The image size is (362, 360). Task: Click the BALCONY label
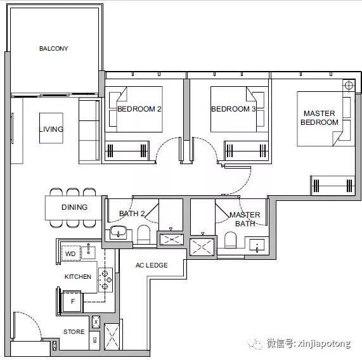53,48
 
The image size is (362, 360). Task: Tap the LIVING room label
51,129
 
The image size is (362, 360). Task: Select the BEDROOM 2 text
139,109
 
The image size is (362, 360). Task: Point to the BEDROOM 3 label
234,109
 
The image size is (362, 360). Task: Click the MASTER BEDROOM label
320,118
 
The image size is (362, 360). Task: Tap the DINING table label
74,207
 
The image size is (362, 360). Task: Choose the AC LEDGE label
152,265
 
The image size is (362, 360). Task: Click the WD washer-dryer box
71,254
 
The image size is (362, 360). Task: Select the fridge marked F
72,301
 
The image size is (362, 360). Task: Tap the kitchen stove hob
105,280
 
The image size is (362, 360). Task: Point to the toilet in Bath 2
144,234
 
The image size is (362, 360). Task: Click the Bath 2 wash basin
118,232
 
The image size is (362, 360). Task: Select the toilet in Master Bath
230,240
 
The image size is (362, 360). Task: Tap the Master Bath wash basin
257,245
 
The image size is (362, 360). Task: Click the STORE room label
74,332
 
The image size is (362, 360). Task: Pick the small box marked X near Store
96,322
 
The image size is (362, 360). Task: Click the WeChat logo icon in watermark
255,344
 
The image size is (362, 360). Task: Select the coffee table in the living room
51,128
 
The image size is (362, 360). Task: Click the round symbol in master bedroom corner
349,86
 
